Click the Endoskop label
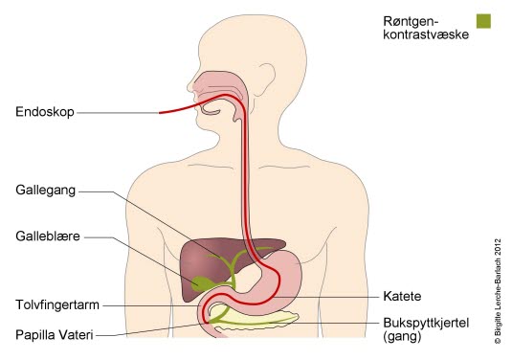[x=42, y=112]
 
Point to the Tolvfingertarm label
[x=56, y=304]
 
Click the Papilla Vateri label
[x=54, y=334]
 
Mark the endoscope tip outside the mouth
[x=160, y=112]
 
